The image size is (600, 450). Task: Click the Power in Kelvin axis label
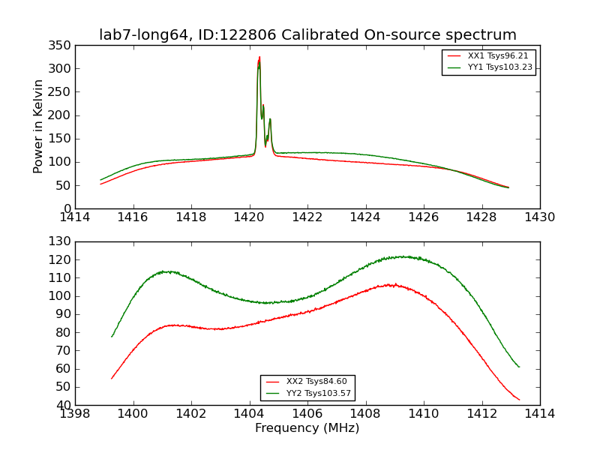39,126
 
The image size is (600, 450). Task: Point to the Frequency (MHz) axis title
307,428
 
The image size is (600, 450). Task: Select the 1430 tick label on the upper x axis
540,217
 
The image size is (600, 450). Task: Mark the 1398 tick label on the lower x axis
75,414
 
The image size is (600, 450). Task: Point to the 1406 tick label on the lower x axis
307,414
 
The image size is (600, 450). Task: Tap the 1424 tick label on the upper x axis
366,217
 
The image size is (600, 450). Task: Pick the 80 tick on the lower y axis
62,332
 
